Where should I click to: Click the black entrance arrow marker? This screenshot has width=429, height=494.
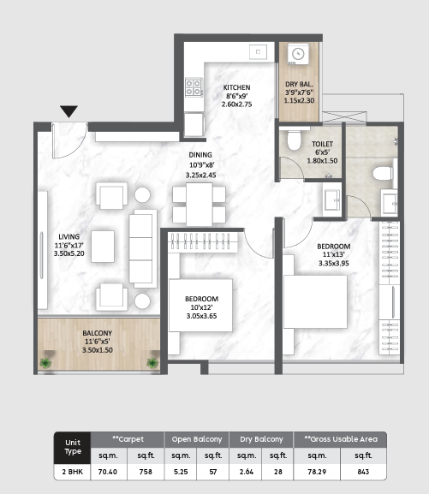click(69, 111)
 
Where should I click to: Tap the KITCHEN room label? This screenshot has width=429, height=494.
click(236, 88)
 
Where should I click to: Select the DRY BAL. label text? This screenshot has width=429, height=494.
click(299, 83)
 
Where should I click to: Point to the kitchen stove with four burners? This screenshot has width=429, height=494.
click(194, 86)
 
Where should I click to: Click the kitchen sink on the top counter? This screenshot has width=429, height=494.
click(258, 52)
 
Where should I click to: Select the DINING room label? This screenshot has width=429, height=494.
click(202, 156)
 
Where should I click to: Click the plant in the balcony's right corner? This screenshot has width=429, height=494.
click(152, 363)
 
